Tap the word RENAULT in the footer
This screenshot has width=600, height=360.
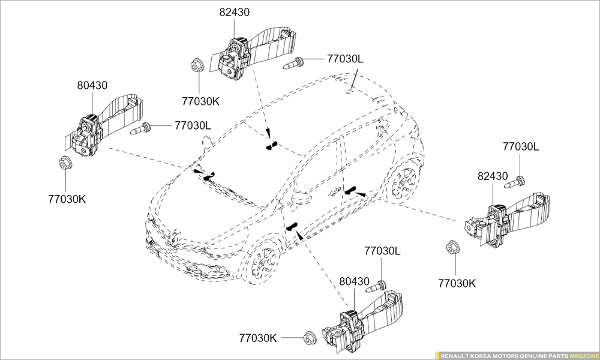click(457, 355)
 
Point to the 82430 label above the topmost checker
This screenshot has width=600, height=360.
click(235, 12)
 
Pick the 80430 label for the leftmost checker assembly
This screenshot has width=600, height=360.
click(92, 85)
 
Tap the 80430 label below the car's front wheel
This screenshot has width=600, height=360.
click(355, 281)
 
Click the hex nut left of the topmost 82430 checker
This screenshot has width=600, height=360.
click(196, 64)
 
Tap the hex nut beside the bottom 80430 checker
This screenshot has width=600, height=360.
click(309, 338)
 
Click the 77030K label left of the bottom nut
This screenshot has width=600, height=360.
click(258, 338)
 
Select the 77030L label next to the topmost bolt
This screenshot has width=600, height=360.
click(346, 59)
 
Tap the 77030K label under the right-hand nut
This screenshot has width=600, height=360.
click(457, 283)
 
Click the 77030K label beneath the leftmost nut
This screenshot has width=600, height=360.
click(67, 199)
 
